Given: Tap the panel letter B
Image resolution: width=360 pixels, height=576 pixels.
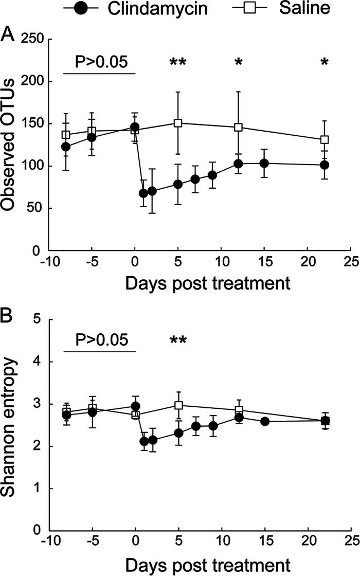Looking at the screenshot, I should coord(8,315).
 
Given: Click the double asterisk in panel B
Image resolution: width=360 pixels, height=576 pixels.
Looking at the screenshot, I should coord(178,341).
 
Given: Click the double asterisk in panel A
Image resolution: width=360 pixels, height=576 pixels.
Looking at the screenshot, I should coord(178,63).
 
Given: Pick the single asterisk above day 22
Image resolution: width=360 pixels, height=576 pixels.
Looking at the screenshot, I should coord(324,63).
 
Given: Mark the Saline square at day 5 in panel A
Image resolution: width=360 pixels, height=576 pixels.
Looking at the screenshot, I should coord(178,123).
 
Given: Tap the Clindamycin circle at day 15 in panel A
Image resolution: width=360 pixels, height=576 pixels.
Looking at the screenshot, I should coord(264,163).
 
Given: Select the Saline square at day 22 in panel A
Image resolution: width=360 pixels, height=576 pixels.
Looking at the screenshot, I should coord(325,139).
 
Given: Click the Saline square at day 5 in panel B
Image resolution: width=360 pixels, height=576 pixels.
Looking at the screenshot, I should coord(178,405).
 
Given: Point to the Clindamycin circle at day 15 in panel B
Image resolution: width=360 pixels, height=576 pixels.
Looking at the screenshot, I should coord(264,422).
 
